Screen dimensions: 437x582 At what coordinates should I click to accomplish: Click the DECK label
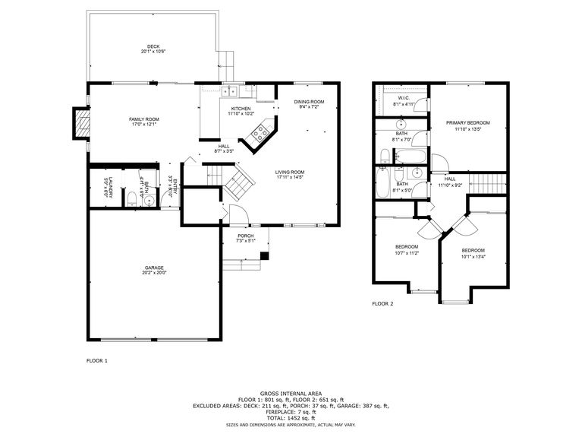[153, 46]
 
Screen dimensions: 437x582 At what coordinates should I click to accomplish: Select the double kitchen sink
[230, 93]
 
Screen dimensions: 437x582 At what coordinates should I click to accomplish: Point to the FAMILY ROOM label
[143, 119]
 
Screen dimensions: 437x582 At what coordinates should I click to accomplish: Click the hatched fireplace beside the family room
[80, 124]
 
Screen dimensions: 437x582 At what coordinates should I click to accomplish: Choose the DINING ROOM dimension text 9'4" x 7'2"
[309, 107]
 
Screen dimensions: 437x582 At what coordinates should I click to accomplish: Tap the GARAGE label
[154, 268]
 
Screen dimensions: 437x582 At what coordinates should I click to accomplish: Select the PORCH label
[245, 236]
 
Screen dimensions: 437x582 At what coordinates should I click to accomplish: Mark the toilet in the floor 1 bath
[132, 199]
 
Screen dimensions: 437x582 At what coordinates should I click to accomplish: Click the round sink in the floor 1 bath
[149, 200]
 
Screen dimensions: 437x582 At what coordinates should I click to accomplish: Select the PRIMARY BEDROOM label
[467, 123]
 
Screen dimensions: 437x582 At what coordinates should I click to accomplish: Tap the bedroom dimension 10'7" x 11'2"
[407, 253]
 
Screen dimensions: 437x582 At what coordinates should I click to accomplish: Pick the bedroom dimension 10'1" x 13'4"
[473, 257]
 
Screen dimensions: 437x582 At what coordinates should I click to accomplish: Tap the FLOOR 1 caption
[97, 360]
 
